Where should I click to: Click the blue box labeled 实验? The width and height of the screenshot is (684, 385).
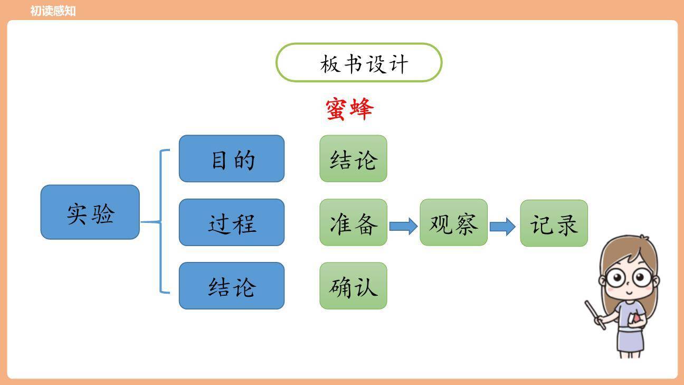[90, 212]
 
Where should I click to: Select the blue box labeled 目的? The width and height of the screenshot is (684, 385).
[231, 158]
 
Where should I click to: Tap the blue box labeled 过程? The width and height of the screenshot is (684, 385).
[231, 222]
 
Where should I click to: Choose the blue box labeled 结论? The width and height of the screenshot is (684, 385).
[231, 286]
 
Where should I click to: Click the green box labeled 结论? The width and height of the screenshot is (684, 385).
[353, 158]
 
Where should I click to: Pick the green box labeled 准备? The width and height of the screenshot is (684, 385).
[353, 222]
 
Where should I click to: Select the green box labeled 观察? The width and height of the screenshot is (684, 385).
[453, 222]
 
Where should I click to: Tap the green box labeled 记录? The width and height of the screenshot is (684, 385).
[554, 223]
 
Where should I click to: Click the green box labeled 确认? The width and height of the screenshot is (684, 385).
[353, 286]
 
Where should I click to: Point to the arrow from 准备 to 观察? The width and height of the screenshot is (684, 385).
[403, 226]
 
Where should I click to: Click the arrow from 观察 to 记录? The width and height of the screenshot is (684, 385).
[502, 226]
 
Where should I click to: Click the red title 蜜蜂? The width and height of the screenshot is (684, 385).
[349, 109]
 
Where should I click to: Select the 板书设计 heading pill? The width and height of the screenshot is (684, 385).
[359, 63]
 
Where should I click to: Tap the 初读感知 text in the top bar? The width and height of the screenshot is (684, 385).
[53, 11]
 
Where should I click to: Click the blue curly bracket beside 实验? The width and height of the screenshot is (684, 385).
[161, 222]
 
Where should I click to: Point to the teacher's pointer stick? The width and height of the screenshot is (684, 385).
[595, 315]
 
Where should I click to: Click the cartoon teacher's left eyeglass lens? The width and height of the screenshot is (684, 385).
[615, 277]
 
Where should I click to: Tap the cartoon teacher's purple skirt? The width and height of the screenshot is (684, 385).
[630, 340]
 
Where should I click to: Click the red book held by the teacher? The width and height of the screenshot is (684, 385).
[637, 317]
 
